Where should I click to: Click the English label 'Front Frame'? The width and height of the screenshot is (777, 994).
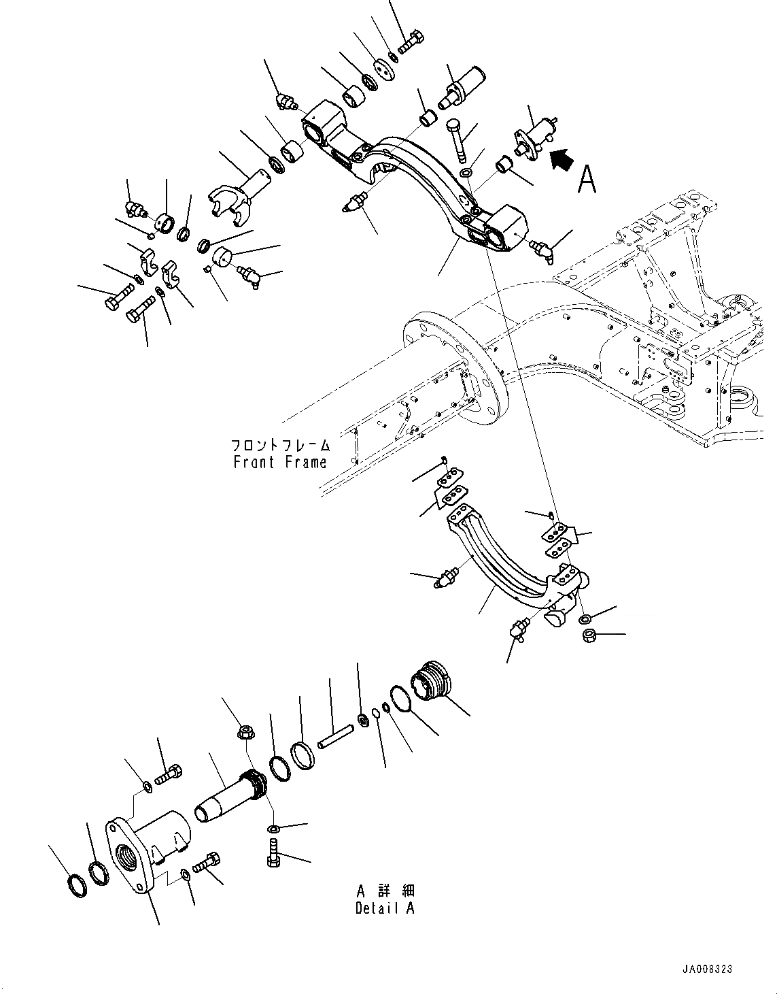tap(280, 462)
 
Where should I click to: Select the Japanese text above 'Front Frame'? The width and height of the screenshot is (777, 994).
tap(280, 446)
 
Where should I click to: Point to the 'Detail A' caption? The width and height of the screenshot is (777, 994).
tap(384, 908)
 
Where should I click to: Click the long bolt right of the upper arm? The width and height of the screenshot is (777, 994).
tap(457, 142)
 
